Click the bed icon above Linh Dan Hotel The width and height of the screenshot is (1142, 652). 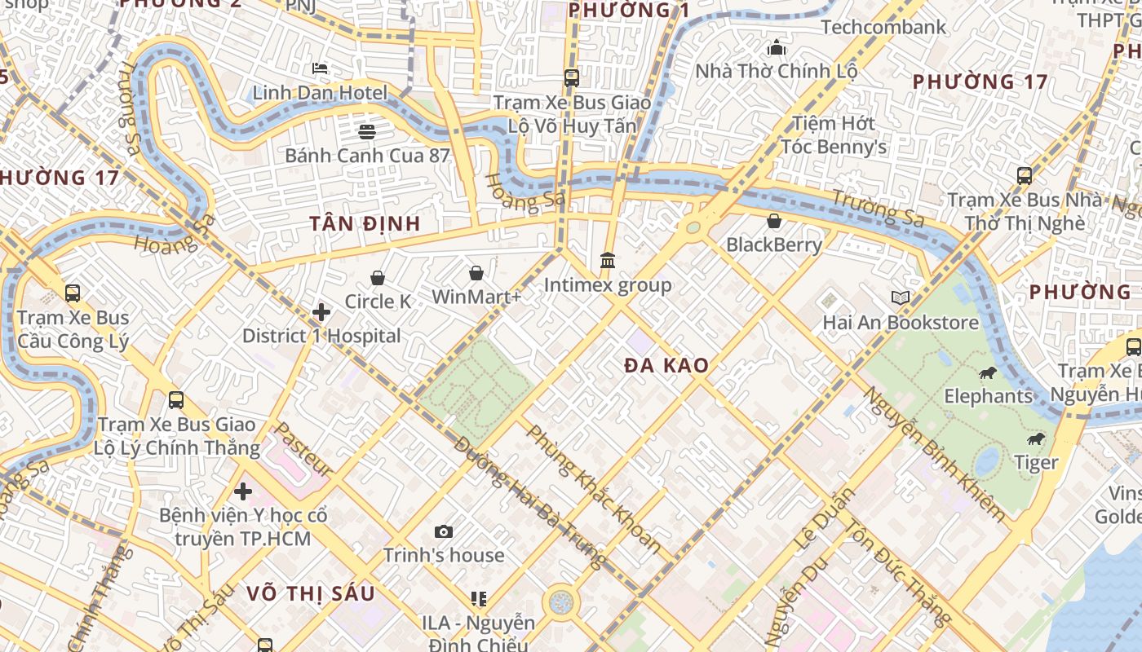[320, 68]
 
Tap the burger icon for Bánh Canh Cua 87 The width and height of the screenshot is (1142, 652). [367, 131]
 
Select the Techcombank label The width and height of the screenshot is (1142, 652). [883, 27]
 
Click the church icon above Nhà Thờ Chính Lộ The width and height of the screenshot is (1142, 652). [777, 47]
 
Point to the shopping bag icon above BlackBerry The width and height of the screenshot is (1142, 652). [774, 221]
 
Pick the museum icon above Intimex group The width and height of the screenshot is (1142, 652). [608, 261]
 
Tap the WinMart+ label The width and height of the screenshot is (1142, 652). [476, 297]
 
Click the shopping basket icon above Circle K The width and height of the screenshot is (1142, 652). [378, 279]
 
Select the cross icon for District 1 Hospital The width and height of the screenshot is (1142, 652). [321, 312]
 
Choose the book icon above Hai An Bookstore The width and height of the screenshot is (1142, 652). [900, 298]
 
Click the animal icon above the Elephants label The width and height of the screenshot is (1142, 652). [988, 373]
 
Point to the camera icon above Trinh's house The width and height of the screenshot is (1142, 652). [444, 532]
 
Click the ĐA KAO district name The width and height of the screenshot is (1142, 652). [666, 366]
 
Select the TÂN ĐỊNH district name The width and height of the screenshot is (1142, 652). [365, 223]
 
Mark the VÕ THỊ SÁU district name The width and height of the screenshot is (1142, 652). [311, 593]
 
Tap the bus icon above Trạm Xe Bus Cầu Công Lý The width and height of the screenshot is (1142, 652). [73, 293]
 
